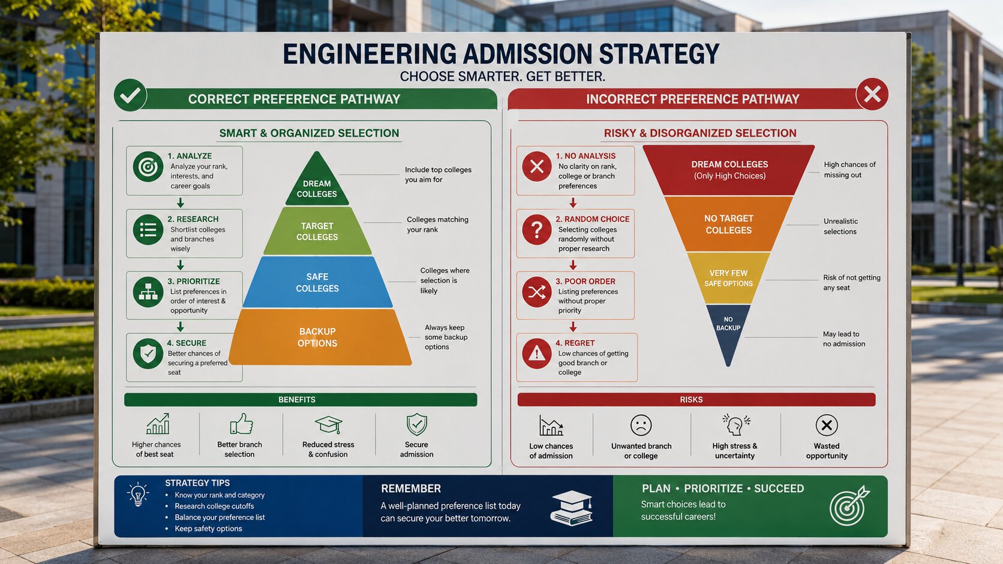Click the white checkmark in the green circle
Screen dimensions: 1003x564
(130, 95)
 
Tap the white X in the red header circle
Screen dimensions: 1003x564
(872, 94)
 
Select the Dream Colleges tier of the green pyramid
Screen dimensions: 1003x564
(317, 181)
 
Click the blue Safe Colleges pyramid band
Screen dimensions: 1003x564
(317, 282)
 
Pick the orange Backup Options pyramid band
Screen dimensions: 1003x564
(319, 337)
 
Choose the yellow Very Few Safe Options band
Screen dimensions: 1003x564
(728, 278)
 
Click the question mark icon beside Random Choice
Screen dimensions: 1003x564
(536, 230)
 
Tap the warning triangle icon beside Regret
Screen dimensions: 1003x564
(536, 354)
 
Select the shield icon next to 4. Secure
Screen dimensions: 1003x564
(148, 354)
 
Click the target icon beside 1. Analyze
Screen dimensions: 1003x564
(148, 167)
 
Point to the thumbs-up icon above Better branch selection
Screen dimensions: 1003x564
(241, 424)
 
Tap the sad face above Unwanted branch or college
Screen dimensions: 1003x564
(641, 425)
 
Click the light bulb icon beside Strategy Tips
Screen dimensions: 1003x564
(138, 494)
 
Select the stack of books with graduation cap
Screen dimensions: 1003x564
(572, 508)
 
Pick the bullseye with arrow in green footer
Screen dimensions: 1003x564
(849, 506)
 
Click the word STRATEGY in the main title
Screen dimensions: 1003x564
(659, 54)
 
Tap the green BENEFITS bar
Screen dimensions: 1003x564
(301, 399)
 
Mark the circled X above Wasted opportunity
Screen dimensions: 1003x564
(827, 425)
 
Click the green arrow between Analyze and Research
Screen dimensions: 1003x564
(181, 203)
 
